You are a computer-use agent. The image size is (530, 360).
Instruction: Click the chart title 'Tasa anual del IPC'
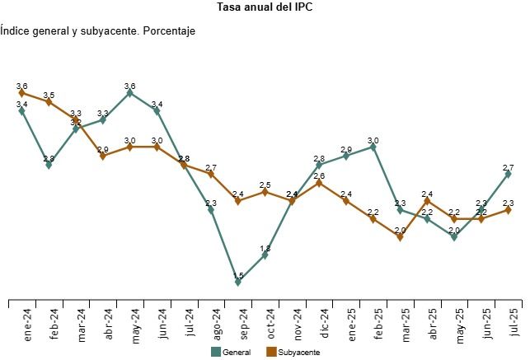[265, 8]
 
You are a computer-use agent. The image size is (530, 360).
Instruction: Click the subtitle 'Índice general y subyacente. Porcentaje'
[97, 31]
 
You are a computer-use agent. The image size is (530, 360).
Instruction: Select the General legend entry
[231, 352]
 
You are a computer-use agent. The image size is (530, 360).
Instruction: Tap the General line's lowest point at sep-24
[238, 282]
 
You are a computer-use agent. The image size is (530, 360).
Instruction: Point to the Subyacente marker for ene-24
[21, 93]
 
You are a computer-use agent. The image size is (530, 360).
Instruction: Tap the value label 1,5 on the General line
[238, 275]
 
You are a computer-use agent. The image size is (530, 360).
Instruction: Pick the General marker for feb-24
[49, 165]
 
